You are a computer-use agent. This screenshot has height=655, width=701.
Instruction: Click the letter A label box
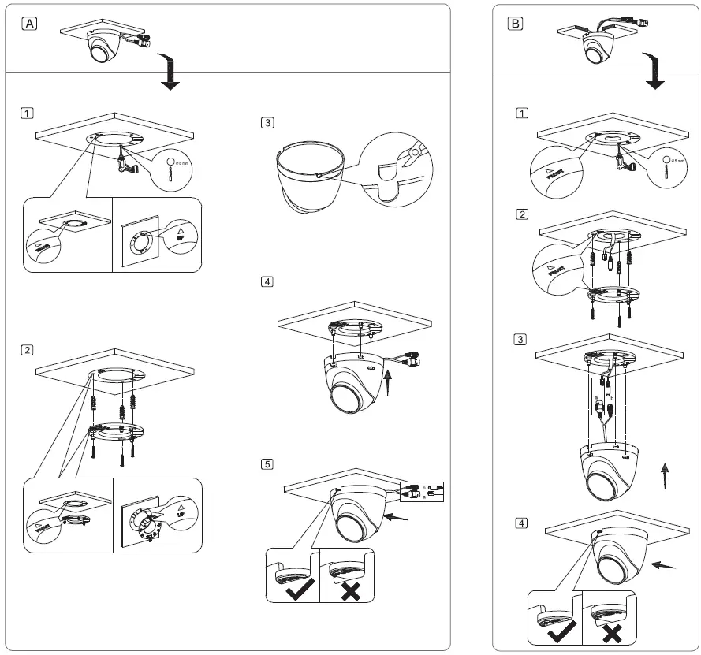(29, 24)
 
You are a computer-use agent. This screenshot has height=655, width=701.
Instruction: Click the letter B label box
(515, 24)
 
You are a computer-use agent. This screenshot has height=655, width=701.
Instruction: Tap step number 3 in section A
(268, 123)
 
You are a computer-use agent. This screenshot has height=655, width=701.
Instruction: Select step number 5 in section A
(268, 463)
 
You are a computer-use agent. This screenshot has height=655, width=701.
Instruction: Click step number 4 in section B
(520, 522)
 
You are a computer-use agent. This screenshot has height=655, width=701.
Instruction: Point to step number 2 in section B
(520, 214)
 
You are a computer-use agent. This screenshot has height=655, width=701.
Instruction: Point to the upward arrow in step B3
(665, 476)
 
